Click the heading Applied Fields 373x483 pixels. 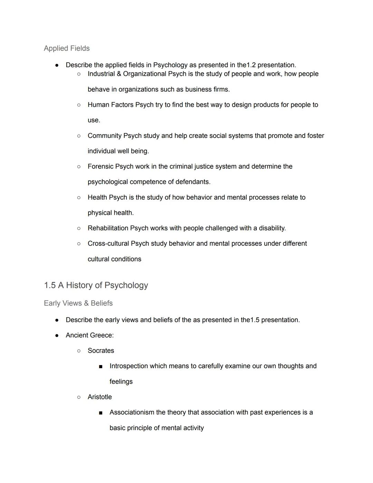pyautogui.click(x=67, y=48)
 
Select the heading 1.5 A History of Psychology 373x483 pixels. pyautogui.click(x=96, y=285)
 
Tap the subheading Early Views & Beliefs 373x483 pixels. pyautogui.click(x=78, y=303)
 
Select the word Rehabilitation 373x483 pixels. pyautogui.click(x=108, y=228)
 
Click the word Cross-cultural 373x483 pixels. pyautogui.click(x=108, y=244)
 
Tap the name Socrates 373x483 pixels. pyautogui.click(x=101, y=351)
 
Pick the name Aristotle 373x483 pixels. pyautogui.click(x=100, y=397)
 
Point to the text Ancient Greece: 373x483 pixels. pyautogui.click(x=90, y=335)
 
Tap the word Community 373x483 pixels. pyautogui.click(x=105, y=136)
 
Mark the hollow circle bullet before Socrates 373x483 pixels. pyautogui.click(x=79, y=351)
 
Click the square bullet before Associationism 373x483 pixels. pyautogui.click(x=101, y=413)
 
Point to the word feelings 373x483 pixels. pyautogui.click(x=121, y=382)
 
